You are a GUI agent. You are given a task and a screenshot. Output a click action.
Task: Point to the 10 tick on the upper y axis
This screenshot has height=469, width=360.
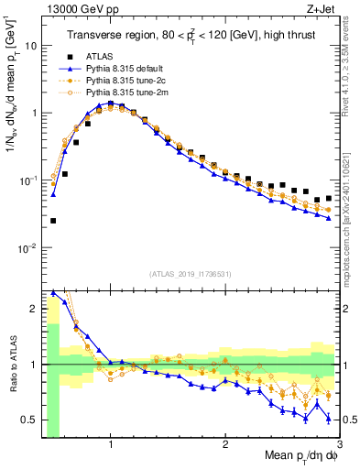click(31, 45)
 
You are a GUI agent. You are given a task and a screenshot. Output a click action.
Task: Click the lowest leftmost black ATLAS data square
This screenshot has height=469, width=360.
click(53, 221)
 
